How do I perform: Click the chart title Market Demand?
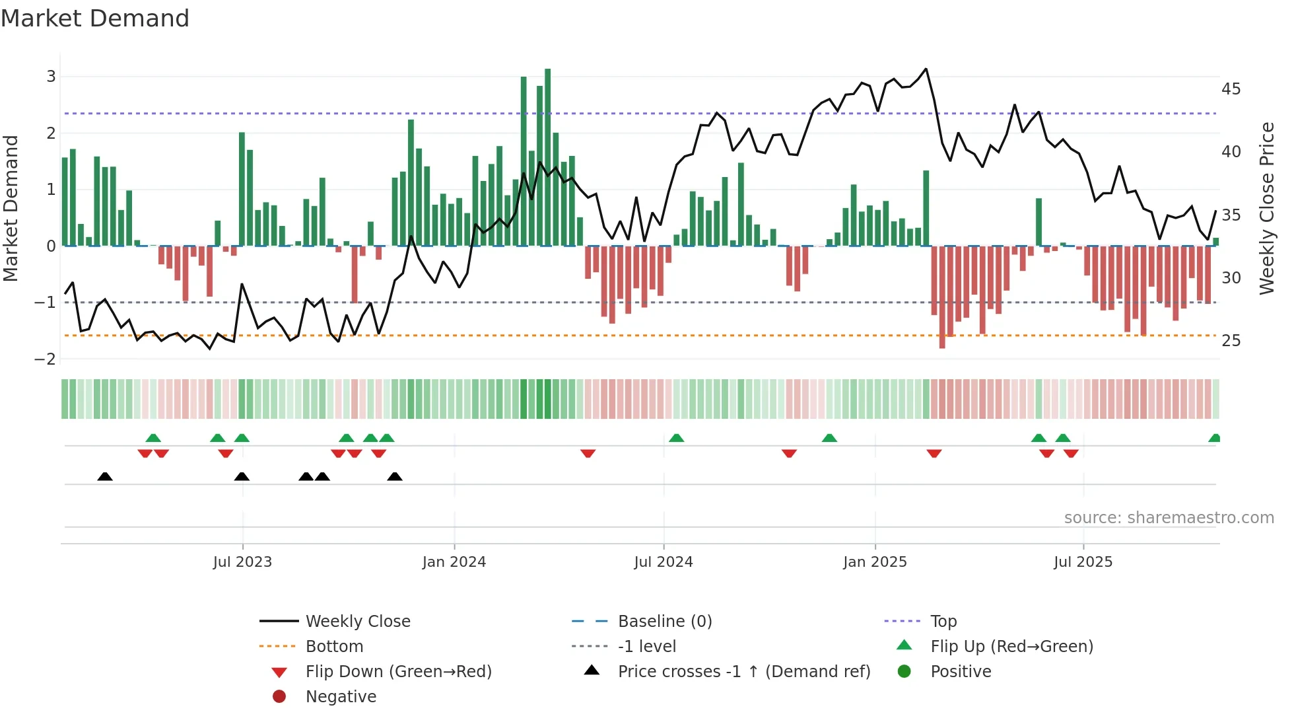click(x=95, y=18)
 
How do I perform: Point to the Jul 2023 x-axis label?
click(x=242, y=562)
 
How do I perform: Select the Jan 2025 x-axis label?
click(x=875, y=562)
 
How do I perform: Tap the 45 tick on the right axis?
click(x=1231, y=89)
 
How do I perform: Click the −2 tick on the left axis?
click(x=46, y=359)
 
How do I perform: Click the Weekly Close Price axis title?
click(x=1266, y=208)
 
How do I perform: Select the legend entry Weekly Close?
click(x=357, y=621)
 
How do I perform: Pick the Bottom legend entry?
click(x=334, y=646)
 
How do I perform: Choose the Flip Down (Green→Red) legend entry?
click(x=398, y=671)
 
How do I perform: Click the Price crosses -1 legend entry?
click(x=743, y=671)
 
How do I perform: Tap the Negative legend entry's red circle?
click(x=279, y=696)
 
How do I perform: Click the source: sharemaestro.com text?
click(x=1169, y=517)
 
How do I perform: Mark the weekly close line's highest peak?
click(x=926, y=69)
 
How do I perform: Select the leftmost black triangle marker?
click(x=105, y=476)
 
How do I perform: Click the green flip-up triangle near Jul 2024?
click(x=676, y=438)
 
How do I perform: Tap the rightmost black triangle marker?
click(x=395, y=476)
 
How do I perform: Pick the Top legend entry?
click(x=943, y=621)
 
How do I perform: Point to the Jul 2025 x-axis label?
click(x=1083, y=562)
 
